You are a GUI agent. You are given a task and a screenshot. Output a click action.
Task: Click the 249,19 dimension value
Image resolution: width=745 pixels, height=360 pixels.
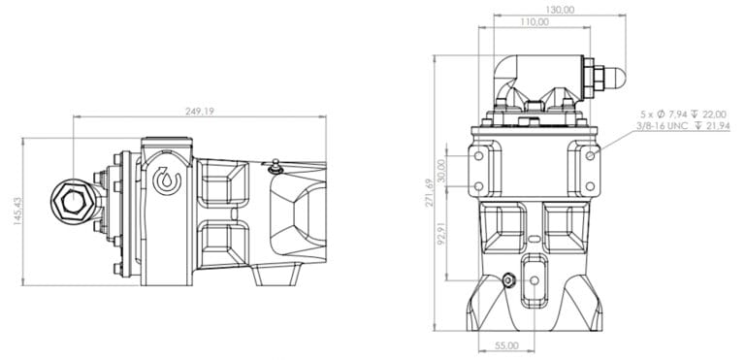[x=200, y=112]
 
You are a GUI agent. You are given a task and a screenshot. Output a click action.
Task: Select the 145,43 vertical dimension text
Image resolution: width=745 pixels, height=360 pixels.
[x=18, y=211]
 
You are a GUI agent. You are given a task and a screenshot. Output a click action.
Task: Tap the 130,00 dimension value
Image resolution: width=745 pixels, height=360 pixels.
[x=560, y=10]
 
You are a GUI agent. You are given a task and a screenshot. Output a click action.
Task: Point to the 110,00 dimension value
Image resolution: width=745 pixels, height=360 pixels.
[x=534, y=22]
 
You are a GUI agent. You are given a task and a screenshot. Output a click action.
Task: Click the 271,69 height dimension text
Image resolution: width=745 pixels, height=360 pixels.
[x=429, y=193]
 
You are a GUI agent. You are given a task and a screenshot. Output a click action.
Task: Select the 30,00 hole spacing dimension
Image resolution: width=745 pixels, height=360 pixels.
[x=441, y=170]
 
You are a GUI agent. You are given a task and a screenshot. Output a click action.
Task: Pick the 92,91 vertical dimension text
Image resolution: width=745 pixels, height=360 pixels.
[x=441, y=232]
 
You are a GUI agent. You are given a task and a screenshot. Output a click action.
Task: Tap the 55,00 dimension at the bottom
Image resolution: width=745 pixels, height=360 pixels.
[x=506, y=345]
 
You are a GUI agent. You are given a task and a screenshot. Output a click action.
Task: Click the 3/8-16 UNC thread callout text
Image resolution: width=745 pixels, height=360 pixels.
[x=683, y=125]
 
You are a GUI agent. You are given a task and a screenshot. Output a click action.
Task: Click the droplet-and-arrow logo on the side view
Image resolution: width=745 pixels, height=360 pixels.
[x=167, y=180]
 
